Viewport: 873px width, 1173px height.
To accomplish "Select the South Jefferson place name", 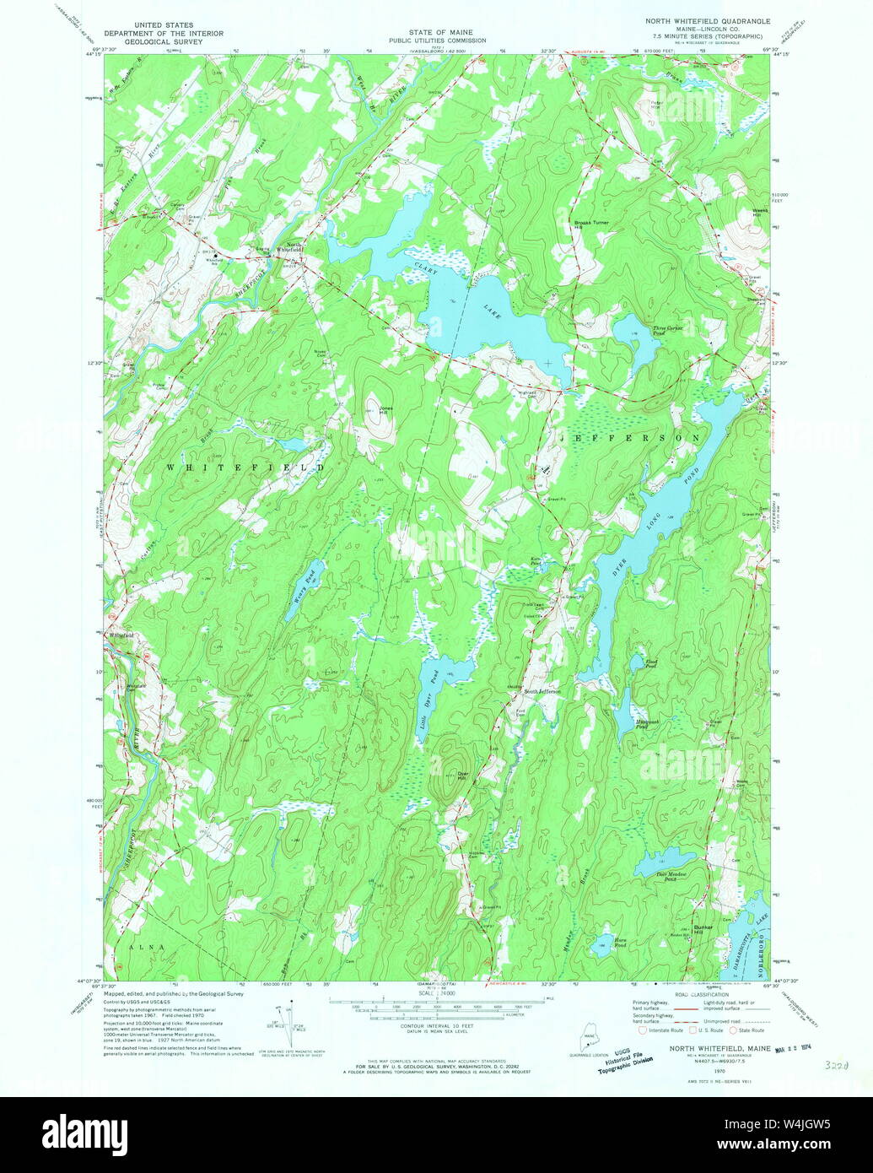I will [542, 691].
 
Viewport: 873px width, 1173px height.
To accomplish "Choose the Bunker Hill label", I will [703, 928].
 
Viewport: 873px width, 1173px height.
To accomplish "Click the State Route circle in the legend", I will [733, 1030].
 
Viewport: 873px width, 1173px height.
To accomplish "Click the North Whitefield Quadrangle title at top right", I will [704, 25].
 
